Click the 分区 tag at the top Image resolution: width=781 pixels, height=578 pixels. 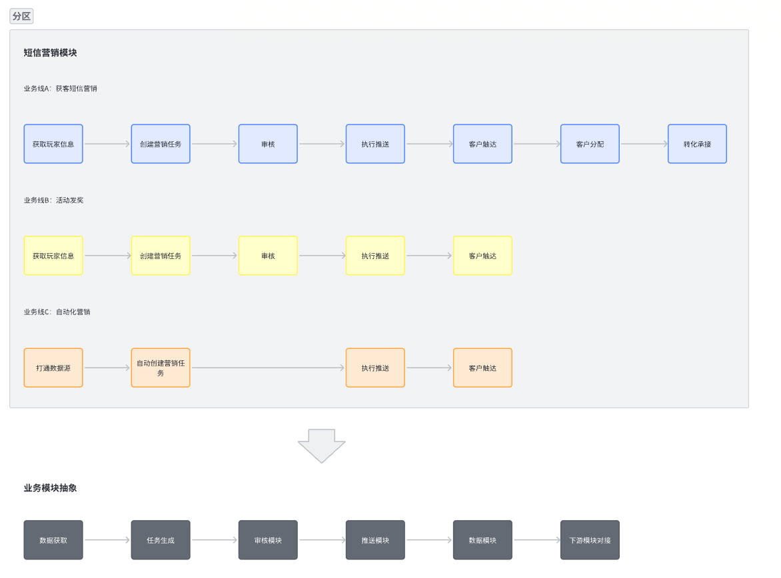[x=21, y=16]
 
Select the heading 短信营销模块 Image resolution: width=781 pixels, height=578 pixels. [x=50, y=53]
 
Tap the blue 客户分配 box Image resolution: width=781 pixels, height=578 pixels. [x=590, y=144]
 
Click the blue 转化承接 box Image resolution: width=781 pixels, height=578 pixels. [x=697, y=144]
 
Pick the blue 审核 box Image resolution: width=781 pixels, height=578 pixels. [x=268, y=144]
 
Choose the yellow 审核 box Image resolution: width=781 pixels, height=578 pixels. [x=268, y=256]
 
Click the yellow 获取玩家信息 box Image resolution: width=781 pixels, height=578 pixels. [x=53, y=256]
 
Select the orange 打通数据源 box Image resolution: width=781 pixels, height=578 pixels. [x=53, y=368]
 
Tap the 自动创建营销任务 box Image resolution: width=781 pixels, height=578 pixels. [x=161, y=368]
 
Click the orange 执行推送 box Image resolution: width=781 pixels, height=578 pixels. [x=375, y=368]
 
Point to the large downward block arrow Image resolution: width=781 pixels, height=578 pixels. [x=322, y=445]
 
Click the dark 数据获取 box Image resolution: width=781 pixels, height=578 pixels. [x=53, y=540]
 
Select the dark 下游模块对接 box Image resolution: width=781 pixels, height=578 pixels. [x=590, y=540]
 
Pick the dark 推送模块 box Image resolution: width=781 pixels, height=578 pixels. [x=375, y=540]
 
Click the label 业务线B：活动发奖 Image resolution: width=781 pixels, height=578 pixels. [x=54, y=200]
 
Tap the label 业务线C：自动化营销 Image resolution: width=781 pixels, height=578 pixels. [x=57, y=312]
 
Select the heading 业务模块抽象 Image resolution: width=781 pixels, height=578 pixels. [x=50, y=488]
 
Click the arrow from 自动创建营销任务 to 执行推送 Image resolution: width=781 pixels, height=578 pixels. [x=268, y=368]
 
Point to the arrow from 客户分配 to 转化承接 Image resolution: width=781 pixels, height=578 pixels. [x=644, y=144]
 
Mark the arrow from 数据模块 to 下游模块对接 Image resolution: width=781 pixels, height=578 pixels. [x=536, y=540]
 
